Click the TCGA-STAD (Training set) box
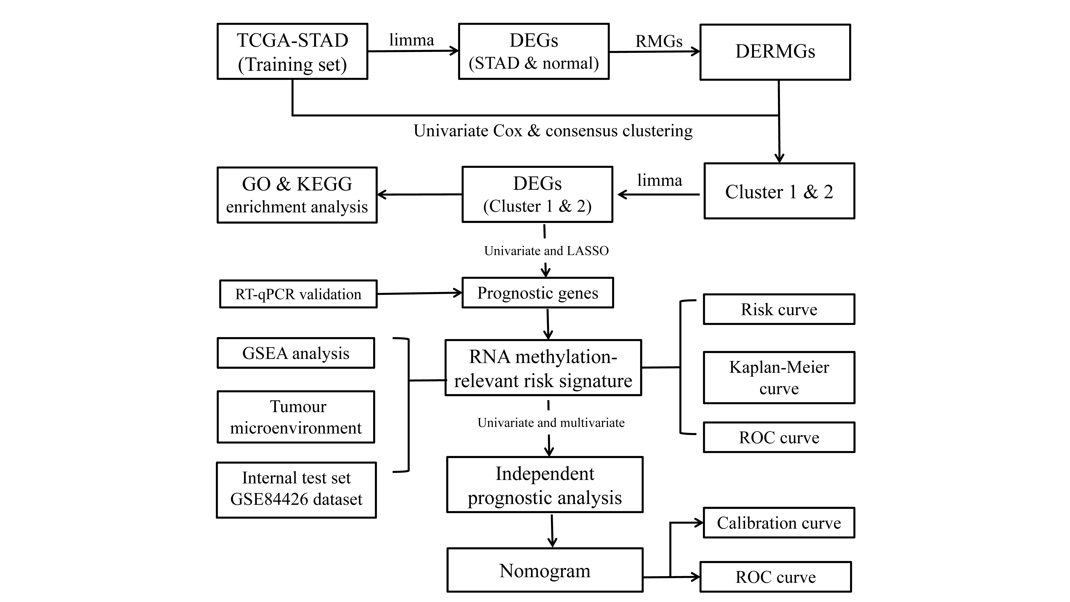pyautogui.click(x=292, y=52)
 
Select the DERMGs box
pyautogui.click(x=775, y=52)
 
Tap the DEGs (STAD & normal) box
pyautogui.click(x=534, y=52)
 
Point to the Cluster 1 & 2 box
pyautogui.click(x=779, y=191)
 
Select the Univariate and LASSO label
pyautogui.click(x=546, y=251)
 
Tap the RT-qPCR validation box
pyautogui.click(x=298, y=294)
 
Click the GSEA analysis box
pyautogui.click(x=296, y=353)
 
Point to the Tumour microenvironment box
pyautogui.click(x=296, y=417)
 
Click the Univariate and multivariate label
pyautogui.click(x=551, y=423)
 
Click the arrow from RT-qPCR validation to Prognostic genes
pyautogui.click(x=420, y=293)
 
